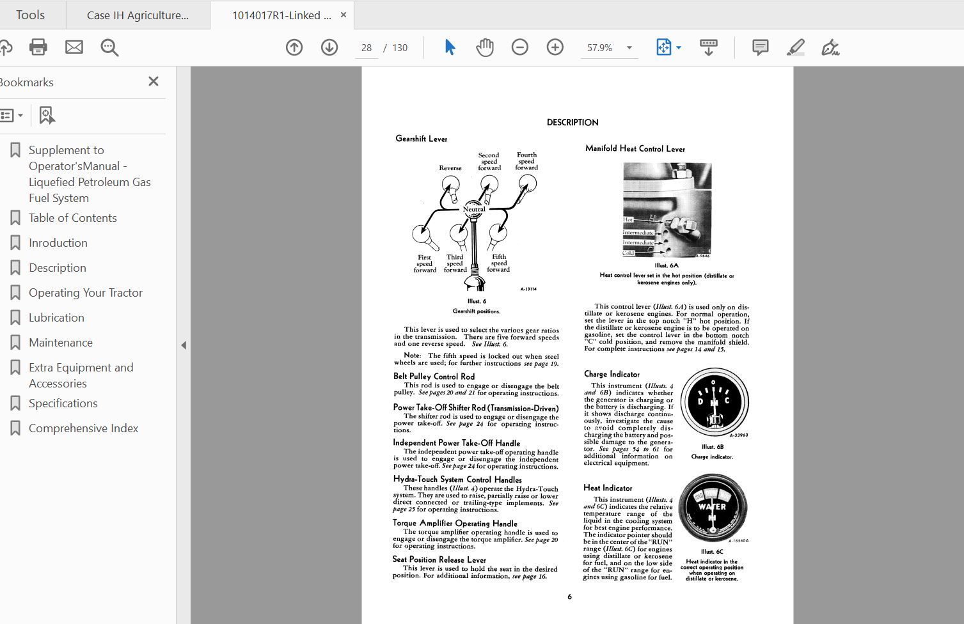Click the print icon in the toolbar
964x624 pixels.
(38, 47)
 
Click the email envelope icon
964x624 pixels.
(74, 47)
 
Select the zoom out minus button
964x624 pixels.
(519, 47)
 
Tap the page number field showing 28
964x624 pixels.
(367, 48)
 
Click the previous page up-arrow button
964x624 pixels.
(294, 47)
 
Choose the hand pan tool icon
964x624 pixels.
(485, 47)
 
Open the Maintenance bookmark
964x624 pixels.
(61, 343)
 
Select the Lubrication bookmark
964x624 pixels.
(56, 318)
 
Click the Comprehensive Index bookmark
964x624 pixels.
(83, 428)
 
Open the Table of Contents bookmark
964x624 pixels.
(72, 218)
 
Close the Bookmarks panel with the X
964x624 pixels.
(154, 81)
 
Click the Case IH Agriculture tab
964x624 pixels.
(138, 15)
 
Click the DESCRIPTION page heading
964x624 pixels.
(573, 122)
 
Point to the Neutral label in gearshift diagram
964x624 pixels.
(474, 209)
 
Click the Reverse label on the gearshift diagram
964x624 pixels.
(450, 168)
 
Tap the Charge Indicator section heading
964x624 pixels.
(612, 374)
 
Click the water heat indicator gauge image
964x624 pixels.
(712, 508)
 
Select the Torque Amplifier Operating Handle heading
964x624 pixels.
(455, 523)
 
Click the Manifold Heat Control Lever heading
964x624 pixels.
(635, 148)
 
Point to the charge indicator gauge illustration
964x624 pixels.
(714, 402)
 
